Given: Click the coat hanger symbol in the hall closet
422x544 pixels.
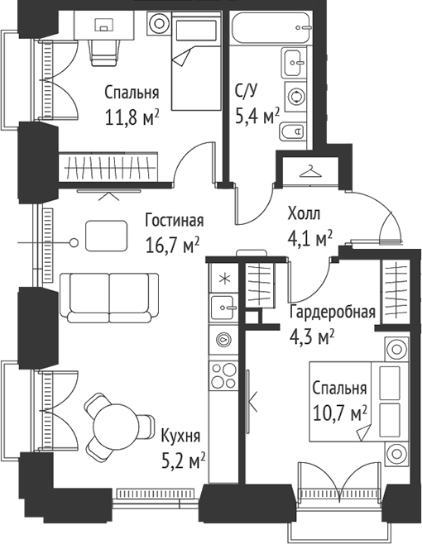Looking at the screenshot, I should pos(310,171).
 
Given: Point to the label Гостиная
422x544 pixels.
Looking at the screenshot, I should pos(174,222).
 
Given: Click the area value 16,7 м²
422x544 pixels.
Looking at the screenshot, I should pos(174,245).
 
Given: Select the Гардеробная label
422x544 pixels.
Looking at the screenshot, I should pos(332,313).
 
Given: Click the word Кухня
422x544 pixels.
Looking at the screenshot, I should pos(181,436).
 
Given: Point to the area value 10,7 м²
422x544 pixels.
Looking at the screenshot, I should pos(340,411).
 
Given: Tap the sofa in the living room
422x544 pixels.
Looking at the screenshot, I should pos(109,296).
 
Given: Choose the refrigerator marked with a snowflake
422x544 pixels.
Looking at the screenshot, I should pos(222,278).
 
